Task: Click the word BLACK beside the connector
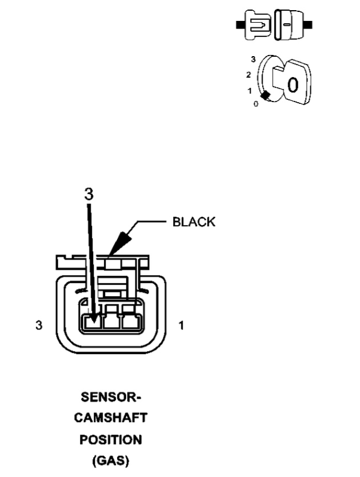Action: pyautogui.click(x=193, y=222)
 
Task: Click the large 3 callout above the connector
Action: pyautogui.click(x=89, y=195)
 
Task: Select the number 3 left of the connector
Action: pyautogui.click(x=39, y=327)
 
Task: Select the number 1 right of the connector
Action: pyautogui.click(x=181, y=327)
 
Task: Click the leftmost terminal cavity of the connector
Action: pyautogui.click(x=92, y=322)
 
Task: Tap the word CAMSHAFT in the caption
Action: pyautogui.click(x=112, y=418)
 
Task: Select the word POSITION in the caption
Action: pyautogui.click(x=112, y=439)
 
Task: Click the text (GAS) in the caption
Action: pyautogui.click(x=112, y=460)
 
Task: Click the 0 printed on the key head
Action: pyautogui.click(x=292, y=85)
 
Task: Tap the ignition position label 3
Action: pyautogui.click(x=253, y=60)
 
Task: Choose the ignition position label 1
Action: pyautogui.click(x=250, y=91)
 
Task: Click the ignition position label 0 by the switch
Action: pyautogui.click(x=256, y=103)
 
